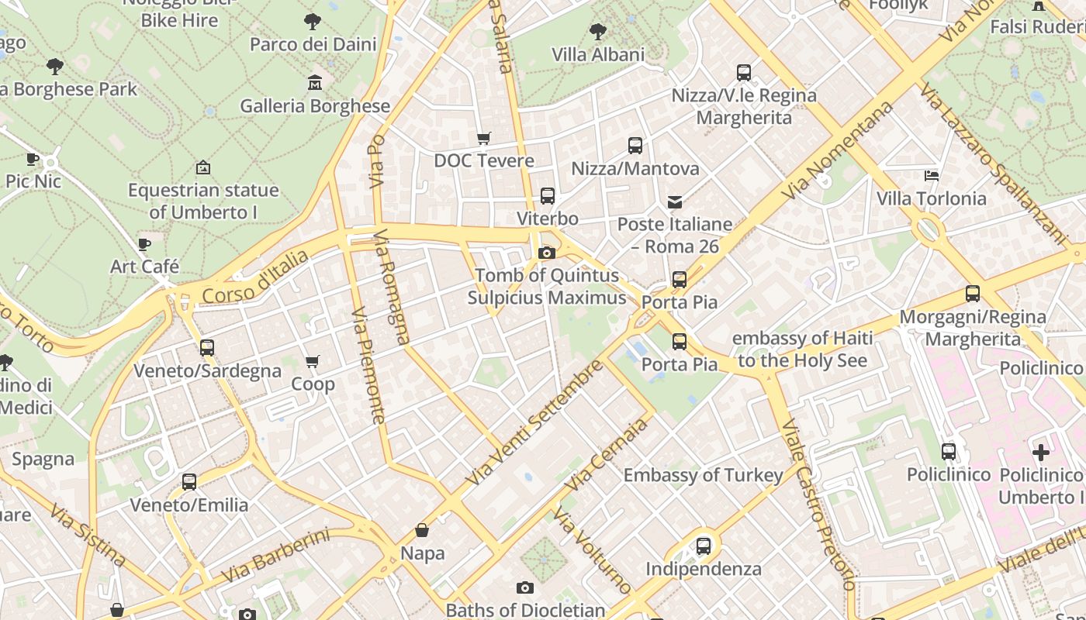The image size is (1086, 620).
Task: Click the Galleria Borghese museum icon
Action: coord(315,82)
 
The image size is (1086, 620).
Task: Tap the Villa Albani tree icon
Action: coord(597,32)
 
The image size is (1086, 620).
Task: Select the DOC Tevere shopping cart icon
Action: coord(484,138)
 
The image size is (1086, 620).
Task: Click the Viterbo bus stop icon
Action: coord(548,196)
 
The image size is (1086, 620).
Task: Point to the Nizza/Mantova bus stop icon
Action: coord(635,146)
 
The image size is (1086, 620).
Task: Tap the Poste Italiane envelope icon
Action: coord(675,202)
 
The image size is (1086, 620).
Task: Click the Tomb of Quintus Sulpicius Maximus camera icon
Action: coord(547,253)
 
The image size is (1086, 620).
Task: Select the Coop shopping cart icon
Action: coord(313,361)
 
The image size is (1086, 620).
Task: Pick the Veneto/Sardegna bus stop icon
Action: coord(206,348)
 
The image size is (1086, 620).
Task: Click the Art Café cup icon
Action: coord(144,244)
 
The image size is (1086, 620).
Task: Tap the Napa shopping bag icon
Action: coord(422,530)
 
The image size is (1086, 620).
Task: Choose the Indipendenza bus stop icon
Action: coord(704,546)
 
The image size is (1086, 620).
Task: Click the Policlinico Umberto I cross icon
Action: coord(1041,452)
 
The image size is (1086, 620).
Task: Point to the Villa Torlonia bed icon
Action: coord(932,176)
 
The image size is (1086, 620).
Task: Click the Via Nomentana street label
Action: coord(839,150)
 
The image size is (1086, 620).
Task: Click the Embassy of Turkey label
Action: coord(703,475)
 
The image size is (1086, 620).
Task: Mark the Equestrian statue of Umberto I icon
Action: coord(203,167)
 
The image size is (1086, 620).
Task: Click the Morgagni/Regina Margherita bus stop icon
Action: coord(973,294)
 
